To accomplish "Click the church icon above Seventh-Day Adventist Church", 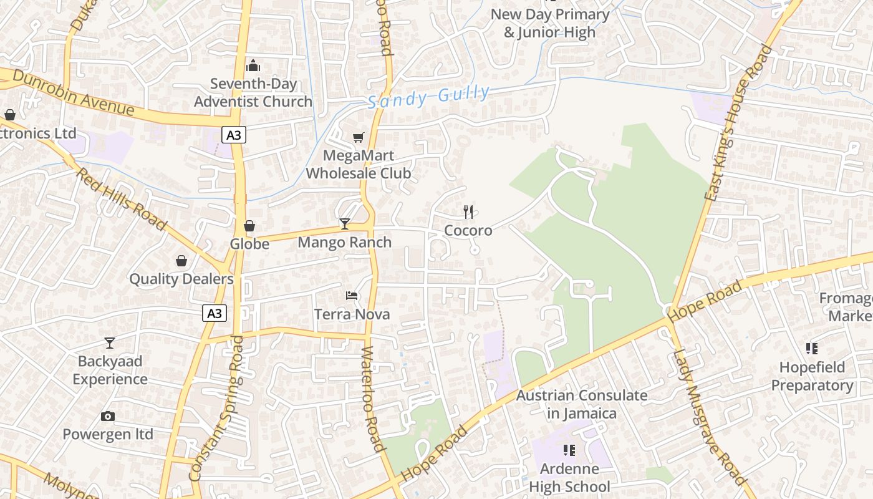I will pyautogui.click(x=253, y=65).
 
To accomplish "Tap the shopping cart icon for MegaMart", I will pyautogui.click(x=359, y=137).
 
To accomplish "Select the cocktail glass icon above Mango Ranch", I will pyautogui.click(x=344, y=223).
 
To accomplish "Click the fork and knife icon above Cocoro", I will pyautogui.click(x=468, y=212).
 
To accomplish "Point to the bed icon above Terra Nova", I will pyautogui.click(x=352, y=295).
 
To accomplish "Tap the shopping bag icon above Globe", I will pyautogui.click(x=249, y=226).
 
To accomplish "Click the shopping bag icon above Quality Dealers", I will pyautogui.click(x=181, y=260).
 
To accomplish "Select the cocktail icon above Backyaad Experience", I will pyautogui.click(x=110, y=342).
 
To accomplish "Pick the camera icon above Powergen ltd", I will pyautogui.click(x=108, y=416).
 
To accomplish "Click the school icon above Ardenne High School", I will pyautogui.click(x=569, y=450).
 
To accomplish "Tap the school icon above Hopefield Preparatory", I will pyautogui.click(x=811, y=348).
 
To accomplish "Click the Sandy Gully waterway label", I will pyautogui.click(x=428, y=97).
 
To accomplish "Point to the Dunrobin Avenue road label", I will pyautogui.click(x=74, y=92).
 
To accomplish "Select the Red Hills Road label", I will pyautogui.click(x=122, y=198).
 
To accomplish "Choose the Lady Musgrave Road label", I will pyautogui.click(x=709, y=417).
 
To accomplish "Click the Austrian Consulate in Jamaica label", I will pyautogui.click(x=582, y=404).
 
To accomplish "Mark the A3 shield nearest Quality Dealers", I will pyautogui.click(x=214, y=313).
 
